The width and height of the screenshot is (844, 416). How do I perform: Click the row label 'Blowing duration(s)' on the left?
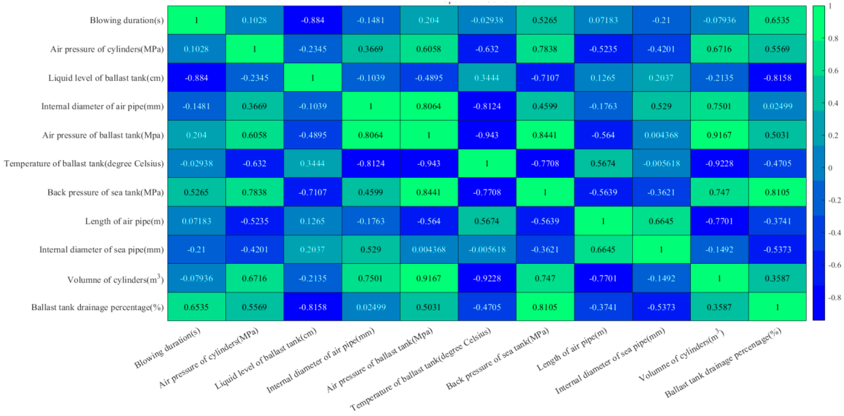click(126, 20)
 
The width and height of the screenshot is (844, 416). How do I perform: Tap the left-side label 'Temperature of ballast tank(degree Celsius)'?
click(84, 164)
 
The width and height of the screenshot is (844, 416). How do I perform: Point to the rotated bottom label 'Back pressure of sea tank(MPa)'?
click(497, 359)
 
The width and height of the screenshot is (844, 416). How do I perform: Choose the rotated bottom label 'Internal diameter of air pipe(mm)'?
click(320, 361)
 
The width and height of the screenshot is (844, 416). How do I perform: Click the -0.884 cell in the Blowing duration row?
click(313, 20)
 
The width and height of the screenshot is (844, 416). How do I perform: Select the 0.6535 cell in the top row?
click(777, 20)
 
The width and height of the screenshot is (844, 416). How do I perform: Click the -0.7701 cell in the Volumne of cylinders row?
click(603, 279)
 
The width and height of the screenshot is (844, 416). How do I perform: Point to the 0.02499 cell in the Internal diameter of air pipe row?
click(777, 106)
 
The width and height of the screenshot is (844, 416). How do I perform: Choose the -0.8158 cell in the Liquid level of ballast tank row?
click(777, 78)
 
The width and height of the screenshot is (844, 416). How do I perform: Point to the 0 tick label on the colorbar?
click(830, 168)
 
